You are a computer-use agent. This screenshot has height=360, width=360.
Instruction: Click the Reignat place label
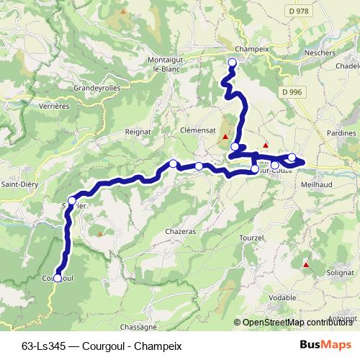[137, 132]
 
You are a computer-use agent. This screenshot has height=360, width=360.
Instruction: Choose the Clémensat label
[198, 130]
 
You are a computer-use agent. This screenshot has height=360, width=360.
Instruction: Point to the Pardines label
[341, 133]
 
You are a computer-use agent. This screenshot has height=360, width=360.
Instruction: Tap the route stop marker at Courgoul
[58, 279]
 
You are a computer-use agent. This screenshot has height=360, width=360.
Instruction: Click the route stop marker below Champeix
[233, 63]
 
